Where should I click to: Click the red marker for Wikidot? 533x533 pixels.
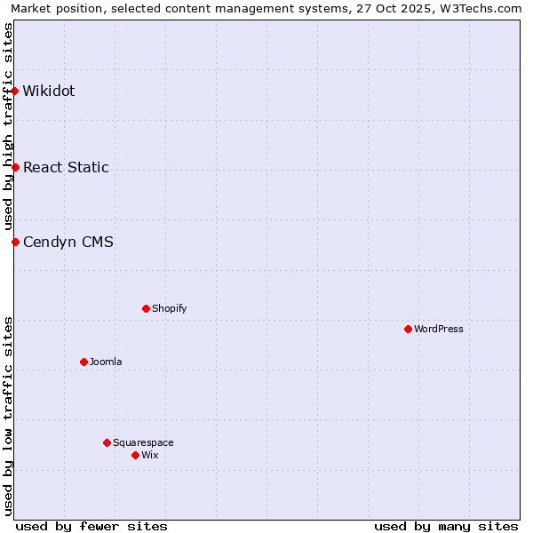[x=15, y=91]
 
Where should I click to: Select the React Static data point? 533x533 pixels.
[x=15, y=167]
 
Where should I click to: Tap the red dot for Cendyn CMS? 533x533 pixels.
[x=15, y=242]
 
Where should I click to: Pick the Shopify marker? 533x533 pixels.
[x=146, y=308]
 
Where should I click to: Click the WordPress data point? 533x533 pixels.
[x=408, y=329]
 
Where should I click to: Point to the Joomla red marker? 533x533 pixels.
[x=84, y=362]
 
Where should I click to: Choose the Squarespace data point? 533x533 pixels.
[x=107, y=442]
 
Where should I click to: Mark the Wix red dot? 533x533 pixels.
[x=135, y=455]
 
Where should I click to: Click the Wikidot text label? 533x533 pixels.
[x=49, y=91]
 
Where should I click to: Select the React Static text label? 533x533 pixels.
[x=66, y=167]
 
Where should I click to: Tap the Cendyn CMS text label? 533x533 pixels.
[x=68, y=242]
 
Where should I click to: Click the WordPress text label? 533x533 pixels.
[x=439, y=329]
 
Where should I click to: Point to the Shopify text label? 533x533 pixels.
[x=170, y=308]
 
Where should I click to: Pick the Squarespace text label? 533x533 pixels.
[x=143, y=442]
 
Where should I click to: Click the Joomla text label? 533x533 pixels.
[x=106, y=362]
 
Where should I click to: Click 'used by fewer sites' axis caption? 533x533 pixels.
[x=91, y=526]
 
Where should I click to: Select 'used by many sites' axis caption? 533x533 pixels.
[x=446, y=526]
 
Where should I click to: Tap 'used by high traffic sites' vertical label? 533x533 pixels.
[x=8, y=126]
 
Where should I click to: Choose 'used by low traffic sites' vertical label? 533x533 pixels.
[x=8, y=416]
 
